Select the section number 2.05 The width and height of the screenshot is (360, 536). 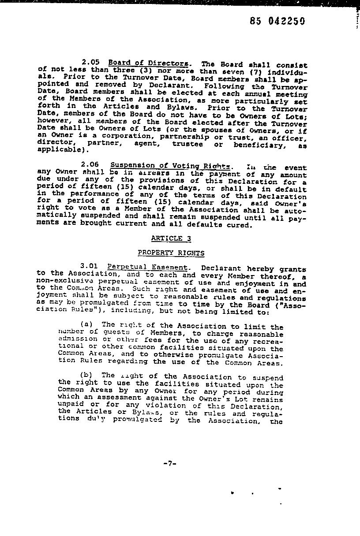click(x=90, y=63)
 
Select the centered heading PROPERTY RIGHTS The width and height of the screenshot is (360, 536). click(x=171, y=253)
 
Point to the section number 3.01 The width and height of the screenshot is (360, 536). click(x=89, y=266)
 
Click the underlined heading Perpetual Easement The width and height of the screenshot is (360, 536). click(x=147, y=267)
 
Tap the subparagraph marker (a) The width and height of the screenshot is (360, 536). click(x=86, y=324)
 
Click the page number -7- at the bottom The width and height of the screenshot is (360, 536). click(x=170, y=463)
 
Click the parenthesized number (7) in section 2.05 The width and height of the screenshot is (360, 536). click(x=248, y=71)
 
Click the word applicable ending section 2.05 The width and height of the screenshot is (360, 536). click(x=56, y=149)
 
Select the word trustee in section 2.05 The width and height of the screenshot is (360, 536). click(x=187, y=144)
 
